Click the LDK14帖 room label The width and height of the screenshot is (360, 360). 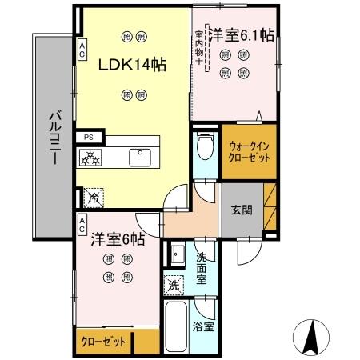[132, 66]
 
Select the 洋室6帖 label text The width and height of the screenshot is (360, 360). [117, 238]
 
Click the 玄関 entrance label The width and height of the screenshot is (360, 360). [242, 210]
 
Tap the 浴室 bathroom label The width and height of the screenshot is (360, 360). [203, 326]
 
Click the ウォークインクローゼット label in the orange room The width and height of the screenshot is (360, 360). [249, 152]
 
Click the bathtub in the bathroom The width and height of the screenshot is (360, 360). [174, 328]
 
